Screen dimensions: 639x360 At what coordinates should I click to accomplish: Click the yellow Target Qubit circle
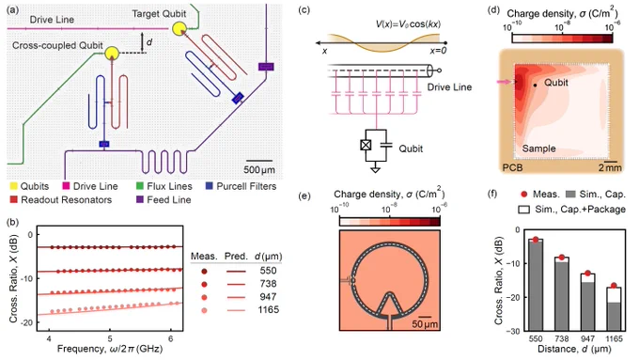pos(179,29)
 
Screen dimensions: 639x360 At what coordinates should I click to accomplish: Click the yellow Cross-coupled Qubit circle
pos(112,53)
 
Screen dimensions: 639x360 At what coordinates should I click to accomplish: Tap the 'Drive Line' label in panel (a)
pos(52,20)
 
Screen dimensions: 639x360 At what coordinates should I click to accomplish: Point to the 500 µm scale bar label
pos(259,169)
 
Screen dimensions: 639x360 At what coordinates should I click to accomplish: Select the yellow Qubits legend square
pos(13,186)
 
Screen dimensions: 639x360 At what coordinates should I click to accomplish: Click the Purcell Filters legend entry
pos(241,186)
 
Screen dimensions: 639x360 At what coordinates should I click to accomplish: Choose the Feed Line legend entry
pos(164,200)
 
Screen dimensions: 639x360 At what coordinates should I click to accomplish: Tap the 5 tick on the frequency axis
pos(110,338)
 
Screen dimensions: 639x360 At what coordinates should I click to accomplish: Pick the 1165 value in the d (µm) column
pos(268,310)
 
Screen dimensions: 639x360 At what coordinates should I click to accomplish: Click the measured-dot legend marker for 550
pos(204,271)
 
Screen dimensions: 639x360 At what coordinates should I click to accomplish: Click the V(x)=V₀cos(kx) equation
pos(408,24)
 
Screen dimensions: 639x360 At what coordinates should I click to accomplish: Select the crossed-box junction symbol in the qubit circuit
pos(366,145)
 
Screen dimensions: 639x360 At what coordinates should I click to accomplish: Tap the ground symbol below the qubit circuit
pos(375,169)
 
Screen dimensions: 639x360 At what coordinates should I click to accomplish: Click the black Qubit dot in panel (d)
pos(535,86)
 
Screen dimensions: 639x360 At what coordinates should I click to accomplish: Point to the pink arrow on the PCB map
pos(504,82)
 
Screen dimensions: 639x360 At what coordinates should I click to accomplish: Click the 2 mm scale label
pos(610,167)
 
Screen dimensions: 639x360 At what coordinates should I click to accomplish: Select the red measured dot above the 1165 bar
pos(614,286)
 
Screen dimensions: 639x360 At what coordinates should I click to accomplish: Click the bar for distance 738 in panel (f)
pos(562,294)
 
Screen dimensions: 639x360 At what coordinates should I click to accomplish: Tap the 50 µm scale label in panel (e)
pos(425,324)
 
